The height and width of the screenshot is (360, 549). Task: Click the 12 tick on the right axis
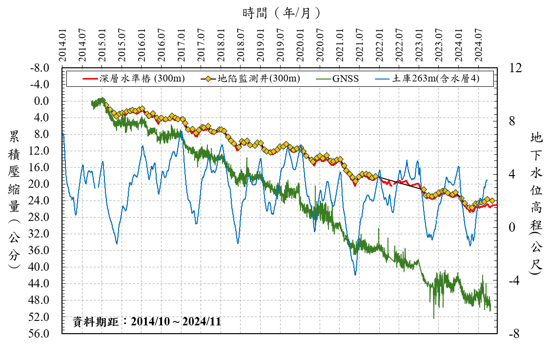[516, 68]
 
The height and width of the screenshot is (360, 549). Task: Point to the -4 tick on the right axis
[515, 281]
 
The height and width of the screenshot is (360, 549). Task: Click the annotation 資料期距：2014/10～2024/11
[146, 322]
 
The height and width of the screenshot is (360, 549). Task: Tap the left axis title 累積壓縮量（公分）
[14, 200]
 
